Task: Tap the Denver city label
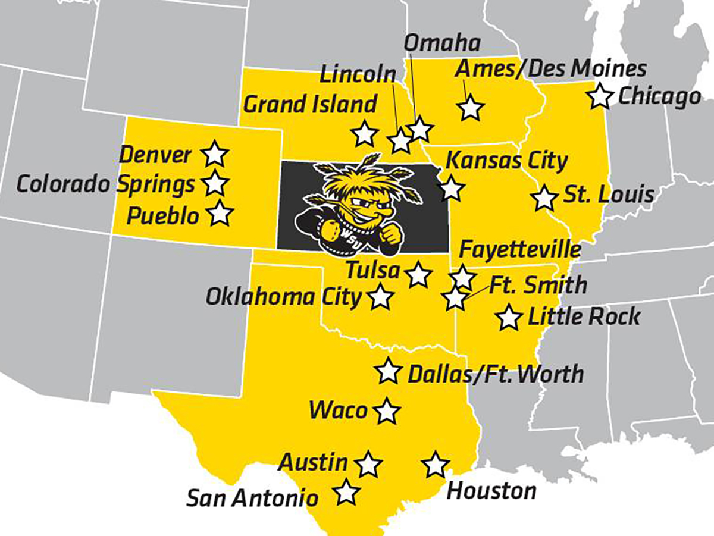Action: [156, 155]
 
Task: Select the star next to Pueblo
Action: [220, 213]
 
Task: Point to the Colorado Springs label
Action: [105, 184]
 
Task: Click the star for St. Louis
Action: [544, 198]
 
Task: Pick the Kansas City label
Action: [506, 161]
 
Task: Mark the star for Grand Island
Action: [365, 133]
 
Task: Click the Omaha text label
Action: [442, 43]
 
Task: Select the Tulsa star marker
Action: [419, 274]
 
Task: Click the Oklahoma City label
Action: [284, 296]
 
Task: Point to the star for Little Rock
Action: [509, 318]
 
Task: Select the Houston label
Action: [491, 491]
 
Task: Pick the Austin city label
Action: [314, 462]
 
